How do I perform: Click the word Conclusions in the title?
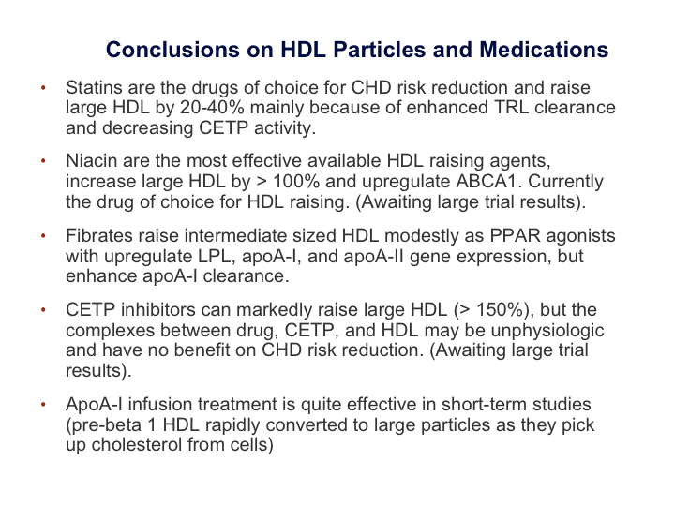point(173,50)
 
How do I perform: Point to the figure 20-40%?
point(212,108)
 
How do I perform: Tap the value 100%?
point(296,182)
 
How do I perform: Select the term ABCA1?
point(488,182)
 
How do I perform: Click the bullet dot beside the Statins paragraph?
point(43,88)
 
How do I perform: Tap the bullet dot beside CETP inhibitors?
point(43,310)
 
